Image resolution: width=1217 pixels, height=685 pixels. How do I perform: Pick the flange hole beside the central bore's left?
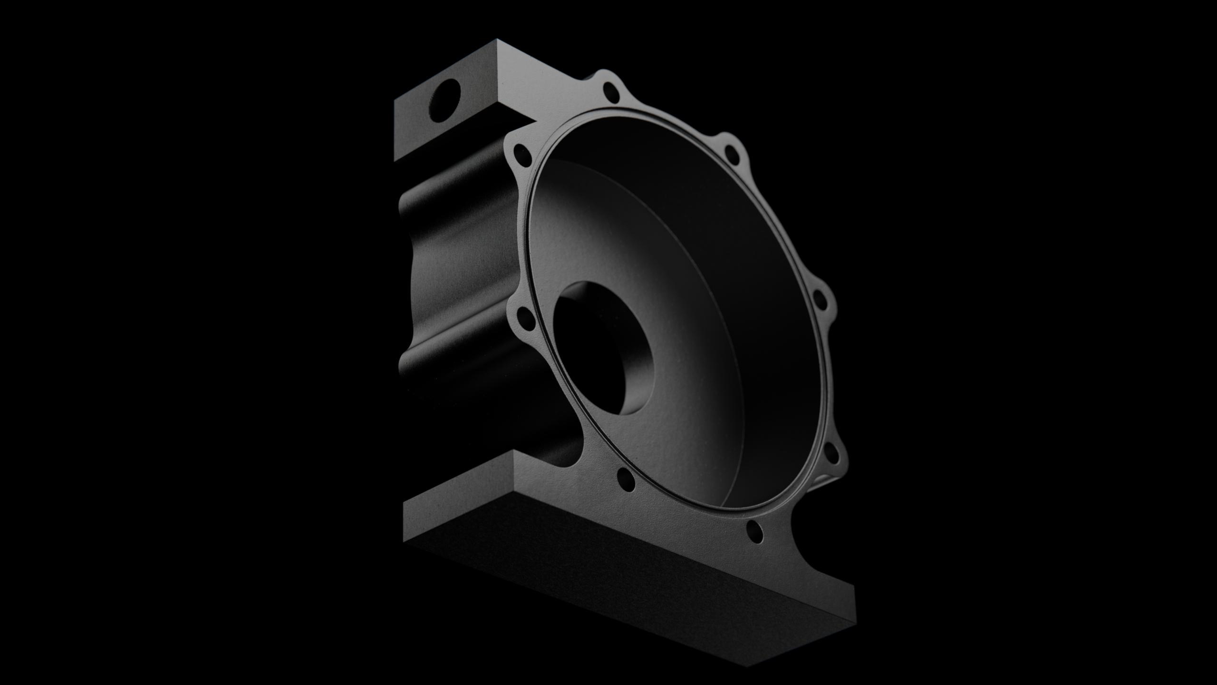point(524,314)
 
